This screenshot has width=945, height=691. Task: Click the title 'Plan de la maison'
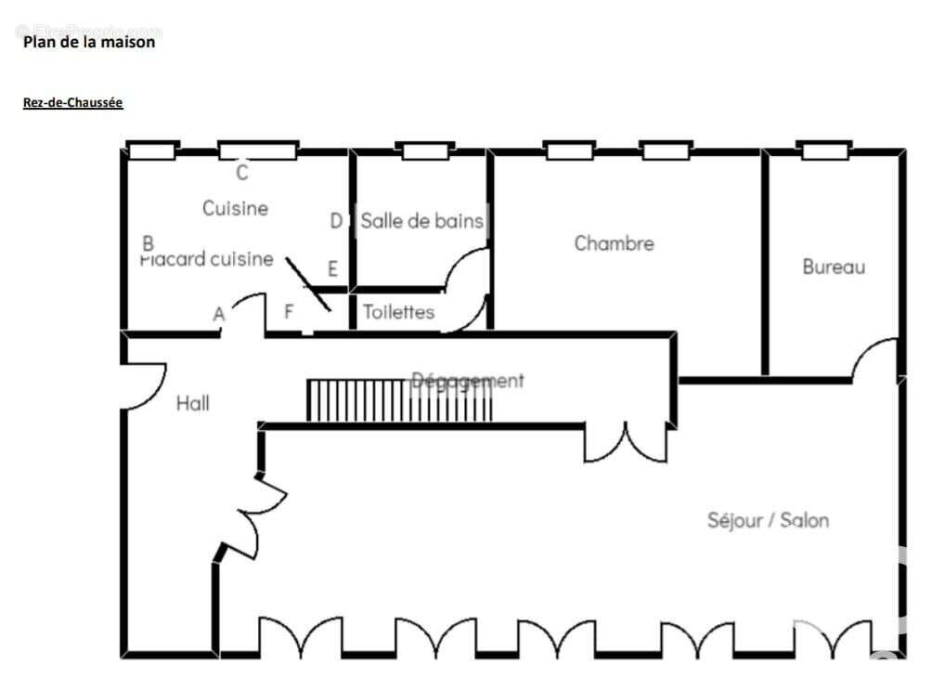[89, 42]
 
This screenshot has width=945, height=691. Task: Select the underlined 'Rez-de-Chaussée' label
[73, 103]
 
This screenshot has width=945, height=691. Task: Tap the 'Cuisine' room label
[235, 208]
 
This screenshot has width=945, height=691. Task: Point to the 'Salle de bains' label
[421, 221]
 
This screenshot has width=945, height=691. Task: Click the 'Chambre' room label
[614, 243]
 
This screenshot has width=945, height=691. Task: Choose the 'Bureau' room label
[834, 267]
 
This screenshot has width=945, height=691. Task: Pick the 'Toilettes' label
[398, 312]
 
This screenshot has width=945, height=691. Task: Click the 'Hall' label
[192, 403]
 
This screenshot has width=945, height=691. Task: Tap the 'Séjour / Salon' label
[768, 520]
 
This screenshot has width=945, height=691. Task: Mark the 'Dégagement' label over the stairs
[468, 380]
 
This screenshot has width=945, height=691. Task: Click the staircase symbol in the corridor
[399, 400]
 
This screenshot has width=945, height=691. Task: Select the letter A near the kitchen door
[219, 315]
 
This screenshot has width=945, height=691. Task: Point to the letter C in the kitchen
[242, 173]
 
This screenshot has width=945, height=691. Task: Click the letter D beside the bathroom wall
[336, 221]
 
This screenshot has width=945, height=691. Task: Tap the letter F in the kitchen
[289, 312]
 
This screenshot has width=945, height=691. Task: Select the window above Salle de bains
[424, 150]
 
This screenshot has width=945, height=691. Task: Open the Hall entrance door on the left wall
[144, 385]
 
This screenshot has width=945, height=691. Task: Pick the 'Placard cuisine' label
[207, 259]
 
